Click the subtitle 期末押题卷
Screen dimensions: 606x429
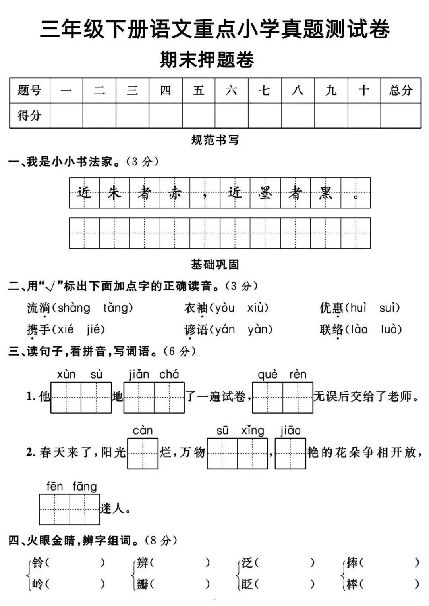coord(207,60)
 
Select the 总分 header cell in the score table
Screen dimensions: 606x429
coord(400,90)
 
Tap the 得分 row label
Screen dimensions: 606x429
coord(29,115)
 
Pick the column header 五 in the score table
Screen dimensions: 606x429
coord(199,90)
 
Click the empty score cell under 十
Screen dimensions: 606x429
coord(364,115)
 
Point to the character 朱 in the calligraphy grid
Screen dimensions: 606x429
coord(114,193)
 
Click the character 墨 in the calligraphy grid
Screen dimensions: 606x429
coord(265,193)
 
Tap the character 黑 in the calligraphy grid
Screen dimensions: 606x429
coord(325,193)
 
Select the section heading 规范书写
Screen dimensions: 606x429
coord(215,140)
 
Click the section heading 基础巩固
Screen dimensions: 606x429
coord(215,264)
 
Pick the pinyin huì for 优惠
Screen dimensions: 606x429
coord(358,308)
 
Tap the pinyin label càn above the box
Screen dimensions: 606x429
coord(143,431)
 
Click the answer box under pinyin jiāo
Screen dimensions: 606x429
coord(290,453)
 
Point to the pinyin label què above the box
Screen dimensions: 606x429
coord(267,375)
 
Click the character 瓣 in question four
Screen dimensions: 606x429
coord(143,584)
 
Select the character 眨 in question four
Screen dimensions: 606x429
coord(247,584)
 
